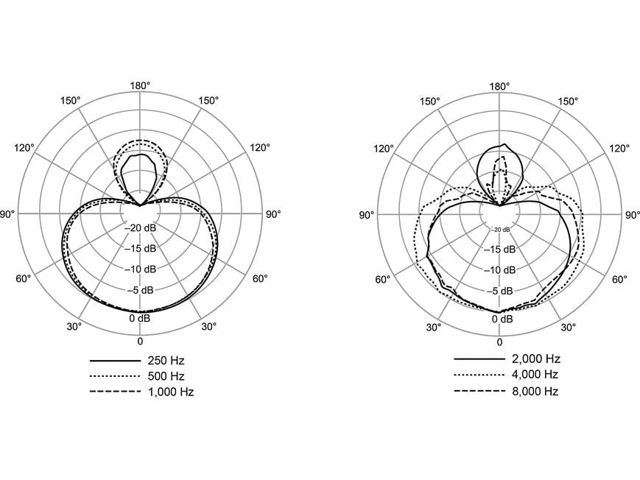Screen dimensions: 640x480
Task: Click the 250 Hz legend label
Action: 166,361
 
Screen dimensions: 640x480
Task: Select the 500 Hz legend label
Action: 166,376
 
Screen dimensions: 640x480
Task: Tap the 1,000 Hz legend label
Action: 171,392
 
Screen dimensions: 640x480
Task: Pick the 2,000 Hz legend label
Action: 536,359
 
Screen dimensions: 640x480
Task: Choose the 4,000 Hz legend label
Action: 535,374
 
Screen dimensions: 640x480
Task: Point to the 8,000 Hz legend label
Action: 535,392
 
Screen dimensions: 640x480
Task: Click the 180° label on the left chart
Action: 140,85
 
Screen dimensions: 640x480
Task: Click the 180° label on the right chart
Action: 499,86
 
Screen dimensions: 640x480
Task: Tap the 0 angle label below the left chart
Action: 140,341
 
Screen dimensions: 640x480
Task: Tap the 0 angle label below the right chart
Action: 499,342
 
